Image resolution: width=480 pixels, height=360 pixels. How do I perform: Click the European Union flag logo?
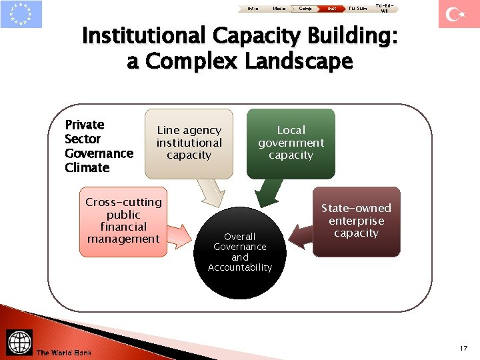tap(21, 14)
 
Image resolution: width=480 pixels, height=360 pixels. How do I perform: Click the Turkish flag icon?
tap(459, 14)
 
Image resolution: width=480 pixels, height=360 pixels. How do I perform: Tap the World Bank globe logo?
tap(19, 342)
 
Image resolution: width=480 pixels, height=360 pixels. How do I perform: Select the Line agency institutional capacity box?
tap(189, 143)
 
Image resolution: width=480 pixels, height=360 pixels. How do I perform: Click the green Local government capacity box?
tap(291, 143)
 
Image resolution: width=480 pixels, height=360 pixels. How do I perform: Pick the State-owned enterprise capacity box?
tap(357, 221)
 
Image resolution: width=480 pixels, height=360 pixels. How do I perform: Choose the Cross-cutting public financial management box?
tap(123, 221)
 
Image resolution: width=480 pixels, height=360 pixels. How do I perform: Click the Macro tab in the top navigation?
tap(280, 8)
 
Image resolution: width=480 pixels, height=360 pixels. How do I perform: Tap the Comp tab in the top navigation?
tap(305, 8)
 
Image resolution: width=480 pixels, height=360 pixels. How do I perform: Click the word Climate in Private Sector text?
tap(87, 168)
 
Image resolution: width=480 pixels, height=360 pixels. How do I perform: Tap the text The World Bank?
tap(64, 352)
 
